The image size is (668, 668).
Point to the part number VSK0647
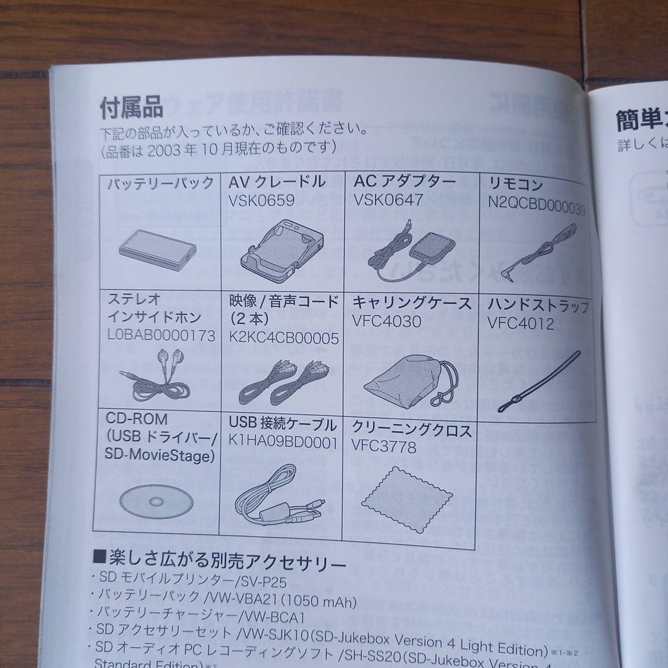(388, 200)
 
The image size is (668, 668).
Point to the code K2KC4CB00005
(283, 338)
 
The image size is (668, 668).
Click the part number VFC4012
(520, 323)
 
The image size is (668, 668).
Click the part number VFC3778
(383, 446)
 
